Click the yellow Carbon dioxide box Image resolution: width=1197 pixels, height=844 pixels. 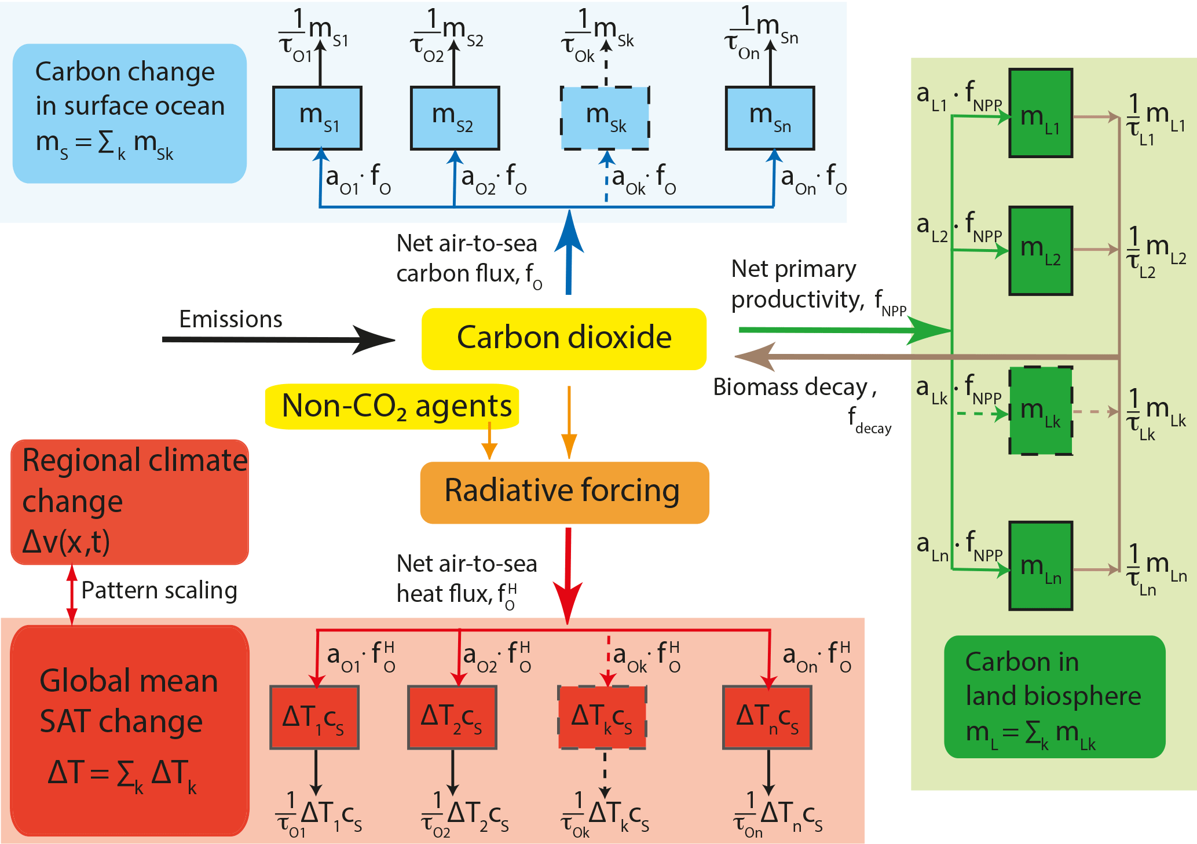(563, 339)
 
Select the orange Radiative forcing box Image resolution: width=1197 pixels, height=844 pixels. (564, 492)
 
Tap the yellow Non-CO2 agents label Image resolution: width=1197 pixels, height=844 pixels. (392, 406)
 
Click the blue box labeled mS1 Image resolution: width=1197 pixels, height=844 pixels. (317, 118)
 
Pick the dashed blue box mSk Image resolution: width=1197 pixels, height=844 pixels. (605, 118)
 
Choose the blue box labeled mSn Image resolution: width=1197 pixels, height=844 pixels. (770, 118)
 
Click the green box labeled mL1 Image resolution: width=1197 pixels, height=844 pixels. (1041, 113)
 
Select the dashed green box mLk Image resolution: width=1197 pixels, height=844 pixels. (1041, 410)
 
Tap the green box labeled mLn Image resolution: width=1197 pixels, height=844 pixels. (1041, 565)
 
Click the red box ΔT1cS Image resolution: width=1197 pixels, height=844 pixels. (314, 717)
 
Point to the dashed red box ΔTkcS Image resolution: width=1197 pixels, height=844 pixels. (602, 717)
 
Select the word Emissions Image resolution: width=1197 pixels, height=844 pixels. (230, 319)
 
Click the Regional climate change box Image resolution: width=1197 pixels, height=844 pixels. (130, 502)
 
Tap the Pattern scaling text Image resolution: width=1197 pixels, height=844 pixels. (159, 590)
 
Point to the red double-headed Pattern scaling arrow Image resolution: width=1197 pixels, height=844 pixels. (72, 595)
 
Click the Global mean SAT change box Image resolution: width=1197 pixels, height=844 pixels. (130, 730)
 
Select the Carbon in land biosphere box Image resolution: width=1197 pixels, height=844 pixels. (1054, 696)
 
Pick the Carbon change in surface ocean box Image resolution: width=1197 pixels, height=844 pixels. (130, 114)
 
